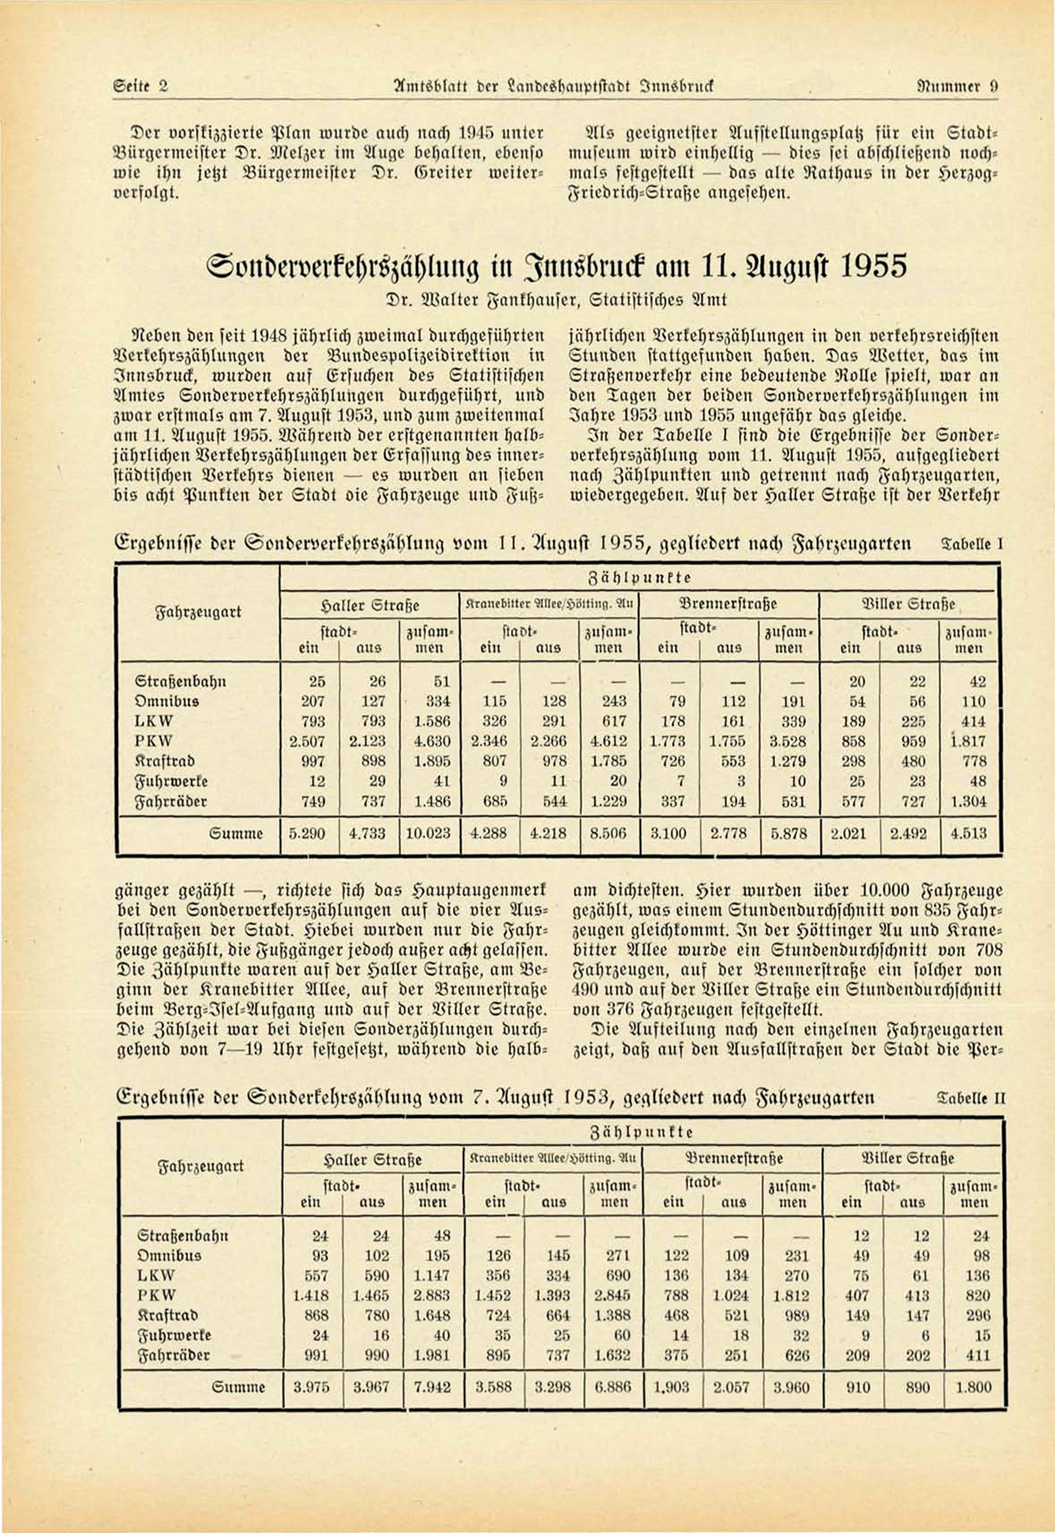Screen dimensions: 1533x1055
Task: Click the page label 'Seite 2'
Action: click(x=141, y=87)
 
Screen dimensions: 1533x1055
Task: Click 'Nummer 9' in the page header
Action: click(x=958, y=87)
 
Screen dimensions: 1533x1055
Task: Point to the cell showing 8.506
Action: click(x=608, y=833)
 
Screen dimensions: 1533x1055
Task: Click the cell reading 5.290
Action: click(x=307, y=833)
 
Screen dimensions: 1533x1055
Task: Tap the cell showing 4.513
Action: click(x=968, y=833)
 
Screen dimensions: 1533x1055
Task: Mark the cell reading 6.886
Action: click(x=613, y=1387)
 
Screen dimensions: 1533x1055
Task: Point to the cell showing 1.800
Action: click(x=974, y=1387)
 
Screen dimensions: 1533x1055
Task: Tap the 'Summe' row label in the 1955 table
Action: click(x=235, y=833)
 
